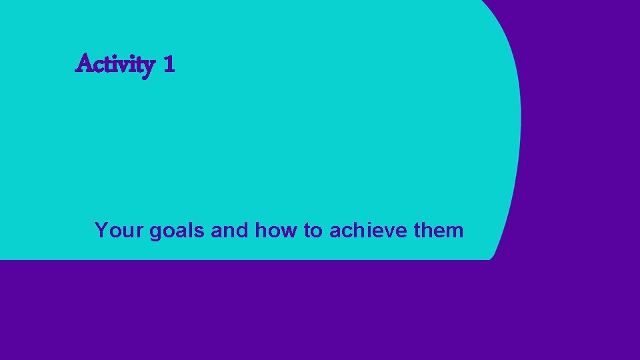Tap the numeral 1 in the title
[168, 65]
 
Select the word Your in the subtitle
[119, 231]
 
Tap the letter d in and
[242, 231]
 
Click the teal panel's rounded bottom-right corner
[491, 255]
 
